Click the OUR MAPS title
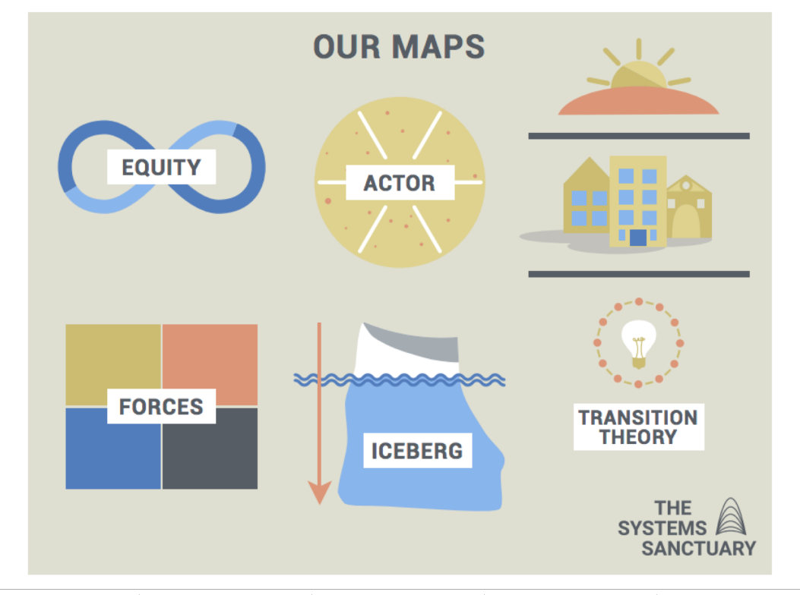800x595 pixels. (x=399, y=47)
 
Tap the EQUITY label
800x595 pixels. (x=161, y=167)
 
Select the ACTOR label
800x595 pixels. (x=400, y=183)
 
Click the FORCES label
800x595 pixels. (x=161, y=407)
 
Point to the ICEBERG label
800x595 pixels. (x=416, y=451)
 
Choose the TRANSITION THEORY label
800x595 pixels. (x=638, y=427)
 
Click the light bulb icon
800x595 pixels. (x=637, y=343)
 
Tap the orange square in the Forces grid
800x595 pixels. (x=210, y=357)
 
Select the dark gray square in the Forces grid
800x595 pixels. (x=210, y=455)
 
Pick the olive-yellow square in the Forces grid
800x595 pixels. (x=112, y=357)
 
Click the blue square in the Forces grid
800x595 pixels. (x=112, y=455)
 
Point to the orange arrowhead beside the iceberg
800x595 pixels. (x=320, y=493)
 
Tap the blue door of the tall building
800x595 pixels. (x=637, y=238)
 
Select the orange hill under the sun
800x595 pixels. (x=638, y=102)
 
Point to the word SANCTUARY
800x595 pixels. (x=698, y=548)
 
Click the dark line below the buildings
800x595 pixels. (x=638, y=274)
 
